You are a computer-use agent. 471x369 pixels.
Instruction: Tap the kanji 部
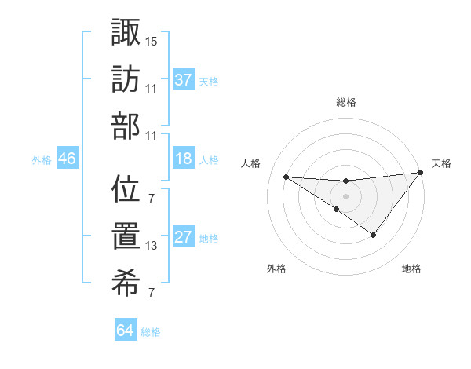pyautogui.click(x=126, y=126)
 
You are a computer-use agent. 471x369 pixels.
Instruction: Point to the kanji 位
pyautogui.click(x=126, y=190)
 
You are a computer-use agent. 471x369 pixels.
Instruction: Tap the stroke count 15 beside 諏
pyautogui.click(x=152, y=40)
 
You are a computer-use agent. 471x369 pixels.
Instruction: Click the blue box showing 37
pyautogui.click(x=184, y=79)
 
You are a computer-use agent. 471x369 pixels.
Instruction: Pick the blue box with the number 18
pyautogui.click(x=184, y=159)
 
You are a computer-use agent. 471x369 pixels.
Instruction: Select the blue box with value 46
pyautogui.click(x=67, y=159)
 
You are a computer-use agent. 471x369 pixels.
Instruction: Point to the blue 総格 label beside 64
pyautogui.click(x=152, y=332)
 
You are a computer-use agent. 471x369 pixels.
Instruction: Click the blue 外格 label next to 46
pyautogui.click(x=42, y=160)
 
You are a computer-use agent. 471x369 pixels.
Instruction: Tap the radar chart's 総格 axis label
pyautogui.click(x=346, y=102)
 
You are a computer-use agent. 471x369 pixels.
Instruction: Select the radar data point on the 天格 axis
pyautogui.click(x=421, y=173)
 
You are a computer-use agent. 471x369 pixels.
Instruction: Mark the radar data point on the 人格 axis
pyautogui.click(x=286, y=177)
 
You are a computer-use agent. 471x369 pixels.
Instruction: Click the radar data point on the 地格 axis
pyautogui.click(x=374, y=235)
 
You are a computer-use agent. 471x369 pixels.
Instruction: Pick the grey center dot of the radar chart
pyautogui.click(x=345, y=195)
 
